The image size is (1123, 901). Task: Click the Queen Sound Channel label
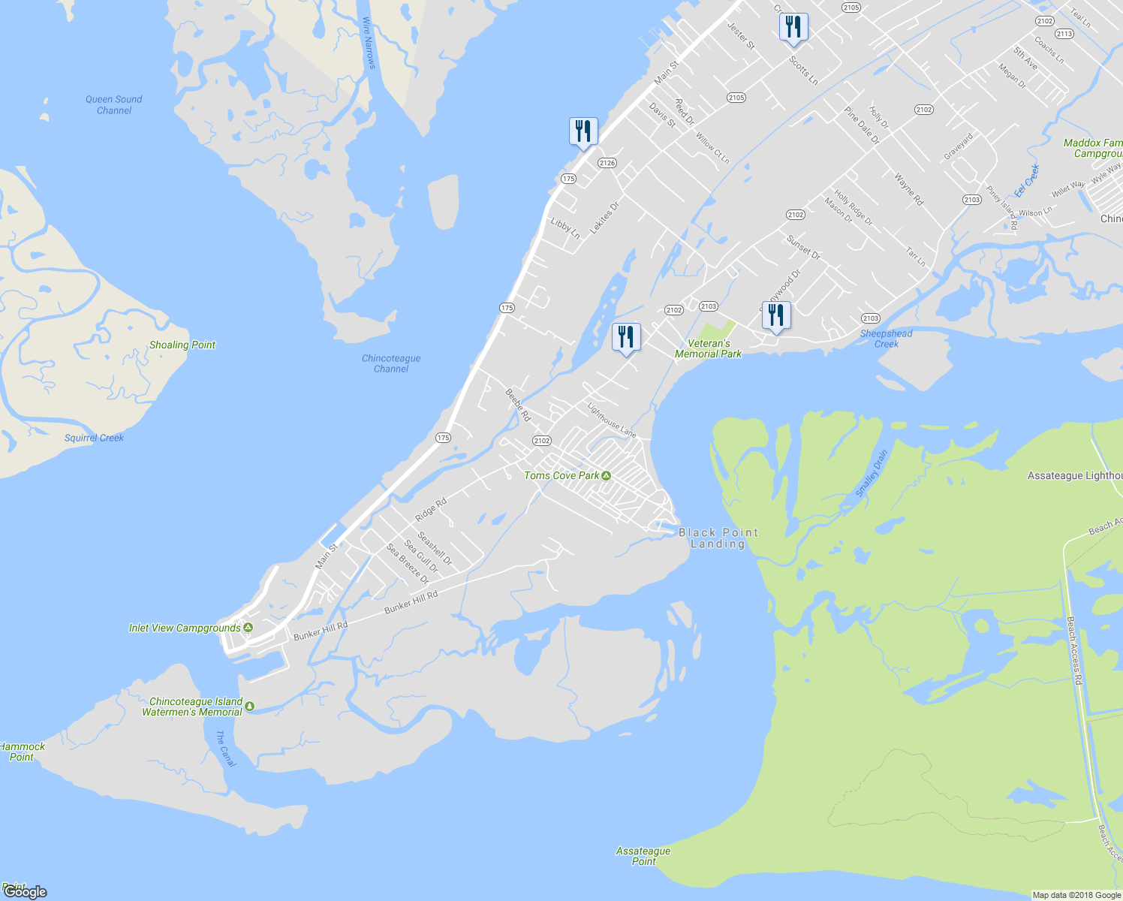[x=113, y=104]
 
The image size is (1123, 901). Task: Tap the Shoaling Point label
[x=182, y=345]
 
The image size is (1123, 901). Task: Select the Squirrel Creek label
[x=94, y=438]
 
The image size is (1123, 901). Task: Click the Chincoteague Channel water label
[x=391, y=363]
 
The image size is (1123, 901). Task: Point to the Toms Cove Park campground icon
[x=607, y=475]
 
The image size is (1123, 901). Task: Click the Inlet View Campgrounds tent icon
[x=248, y=628]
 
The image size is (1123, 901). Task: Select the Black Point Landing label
[x=718, y=538]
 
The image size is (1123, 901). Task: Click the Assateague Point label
[x=643, y=856]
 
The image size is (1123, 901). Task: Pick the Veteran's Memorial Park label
[x=708, y=348]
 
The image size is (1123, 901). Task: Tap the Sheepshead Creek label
[x=886, y=339]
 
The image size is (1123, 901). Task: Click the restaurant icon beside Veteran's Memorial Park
[x=776, y=315]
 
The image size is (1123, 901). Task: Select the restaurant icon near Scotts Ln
[x=793, y=28]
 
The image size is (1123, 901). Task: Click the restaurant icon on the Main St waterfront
[x=583, y=131]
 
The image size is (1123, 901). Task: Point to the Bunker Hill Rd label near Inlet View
[x=321, y=631]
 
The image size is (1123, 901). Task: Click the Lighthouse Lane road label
[x=611, y=420]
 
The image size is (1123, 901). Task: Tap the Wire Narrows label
[x=368, y=44]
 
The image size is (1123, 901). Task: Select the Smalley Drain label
[x=872, y=472]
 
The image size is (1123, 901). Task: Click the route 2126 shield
[x=607, y=163]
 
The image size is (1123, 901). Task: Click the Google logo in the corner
[x=25, y=892]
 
